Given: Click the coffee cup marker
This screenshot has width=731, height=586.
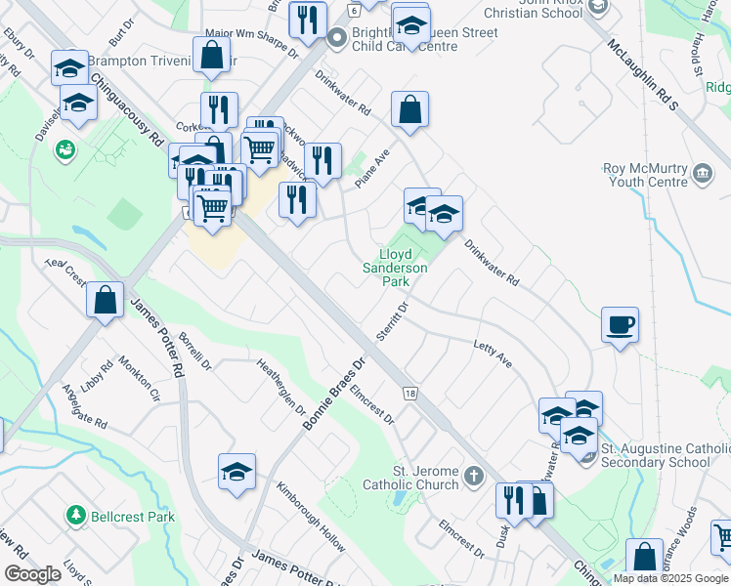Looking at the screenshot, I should pos(620,324).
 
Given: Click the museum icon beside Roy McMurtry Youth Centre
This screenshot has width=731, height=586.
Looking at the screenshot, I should pos(702,175).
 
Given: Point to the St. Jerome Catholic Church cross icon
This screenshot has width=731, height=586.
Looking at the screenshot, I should pos(473,478).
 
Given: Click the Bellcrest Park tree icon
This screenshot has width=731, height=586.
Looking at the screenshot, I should pos(74,514).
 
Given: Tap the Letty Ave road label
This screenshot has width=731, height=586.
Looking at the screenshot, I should pos(493,354).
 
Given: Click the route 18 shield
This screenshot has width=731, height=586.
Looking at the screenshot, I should pos(409,393).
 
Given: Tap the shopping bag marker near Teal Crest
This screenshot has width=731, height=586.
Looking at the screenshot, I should pos(105,300).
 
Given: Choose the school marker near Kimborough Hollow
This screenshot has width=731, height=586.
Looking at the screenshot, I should pos(236,472).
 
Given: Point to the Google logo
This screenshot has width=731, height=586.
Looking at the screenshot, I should pos(32,574).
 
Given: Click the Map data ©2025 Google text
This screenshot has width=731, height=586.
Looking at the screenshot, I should pos(669,578).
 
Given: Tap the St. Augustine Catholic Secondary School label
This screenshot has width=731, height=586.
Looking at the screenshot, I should pos(655,455).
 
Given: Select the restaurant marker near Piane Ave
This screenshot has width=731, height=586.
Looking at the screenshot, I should pos(322,160).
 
